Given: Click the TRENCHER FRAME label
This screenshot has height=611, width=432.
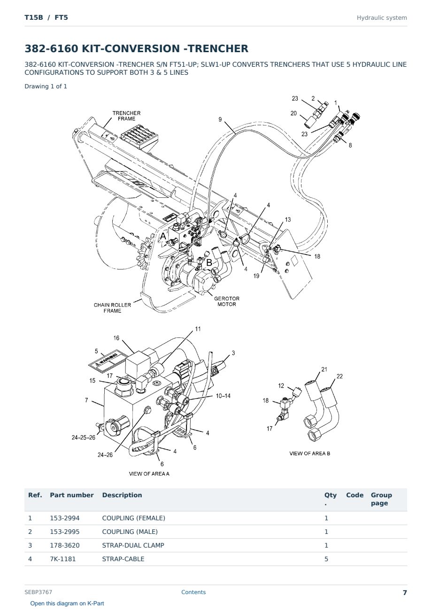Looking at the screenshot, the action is (x=126, y=116).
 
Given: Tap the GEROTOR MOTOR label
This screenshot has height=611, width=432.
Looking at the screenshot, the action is (x=226, y=301).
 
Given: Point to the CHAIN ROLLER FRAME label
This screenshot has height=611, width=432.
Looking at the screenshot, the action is (x=112, y=308).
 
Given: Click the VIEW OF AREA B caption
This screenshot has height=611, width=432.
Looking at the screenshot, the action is (x=309, y=454).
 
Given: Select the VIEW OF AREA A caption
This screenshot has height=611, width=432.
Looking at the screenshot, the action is (x=149, y=474).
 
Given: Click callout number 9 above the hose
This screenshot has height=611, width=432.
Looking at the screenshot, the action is (x=220, y=119).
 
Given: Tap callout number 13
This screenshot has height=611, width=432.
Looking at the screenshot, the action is (x=288, y=219).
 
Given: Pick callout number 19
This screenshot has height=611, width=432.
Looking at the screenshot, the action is (x=256, y=276).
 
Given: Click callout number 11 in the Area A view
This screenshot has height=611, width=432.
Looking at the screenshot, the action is (x=198, y=329).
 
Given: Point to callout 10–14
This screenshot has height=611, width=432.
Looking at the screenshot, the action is (x=223, y=396).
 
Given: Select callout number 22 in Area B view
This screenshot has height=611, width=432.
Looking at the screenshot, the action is (x=339, y=376).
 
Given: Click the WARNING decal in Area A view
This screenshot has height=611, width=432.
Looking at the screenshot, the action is (x=107, y=361).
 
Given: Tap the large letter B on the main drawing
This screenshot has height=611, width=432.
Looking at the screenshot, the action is (x=209, y=262).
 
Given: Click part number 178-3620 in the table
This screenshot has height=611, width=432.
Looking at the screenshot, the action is (x=65, y=545).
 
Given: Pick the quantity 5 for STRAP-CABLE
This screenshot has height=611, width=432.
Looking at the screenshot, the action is (x=326, y=559).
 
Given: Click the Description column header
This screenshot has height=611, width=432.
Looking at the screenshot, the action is (x=122, y=495).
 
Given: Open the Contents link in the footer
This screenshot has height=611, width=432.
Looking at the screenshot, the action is (x=193, y=592).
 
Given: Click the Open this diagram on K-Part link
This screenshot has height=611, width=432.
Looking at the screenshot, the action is (x=67, y=603).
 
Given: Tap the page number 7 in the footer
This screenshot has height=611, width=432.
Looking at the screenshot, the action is (x=405, y=593).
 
